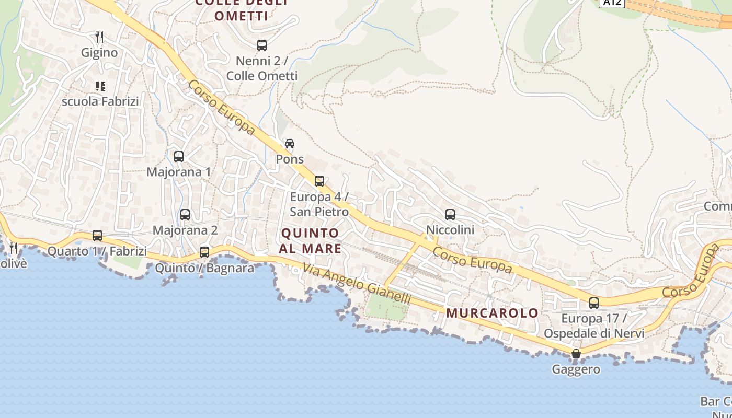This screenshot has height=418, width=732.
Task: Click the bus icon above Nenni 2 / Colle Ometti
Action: pyautogui.click(x=262, y=45)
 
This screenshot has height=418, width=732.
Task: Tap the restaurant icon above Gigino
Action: pyautogui.click(x=99, y=37)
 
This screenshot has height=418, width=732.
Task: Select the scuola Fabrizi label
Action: pyautogui.click(x=100, y=101)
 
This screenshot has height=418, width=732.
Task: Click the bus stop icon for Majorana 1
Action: pyautogui.click(x=179, y=156)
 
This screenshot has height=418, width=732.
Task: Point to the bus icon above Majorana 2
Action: pyautogui.click(x=185, y=214)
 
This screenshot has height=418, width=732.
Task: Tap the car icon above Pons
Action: pyautogui.click(x=290, y=144)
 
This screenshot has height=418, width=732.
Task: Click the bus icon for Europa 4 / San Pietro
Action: pyautogui.click(x=319, y=181)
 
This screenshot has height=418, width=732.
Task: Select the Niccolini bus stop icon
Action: pyautogui.click(x=450, y=214)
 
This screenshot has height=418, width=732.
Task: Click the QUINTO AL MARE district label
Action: pyautogui.click(x=310, y=240)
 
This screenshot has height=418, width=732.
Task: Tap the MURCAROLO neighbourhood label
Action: pyautogui.click(x=492, y=313)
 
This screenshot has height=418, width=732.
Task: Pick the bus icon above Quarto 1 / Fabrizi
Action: pyautogui.click(x=97, y=235)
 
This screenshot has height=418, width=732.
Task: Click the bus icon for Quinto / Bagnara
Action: pyautogui.click(x=204, y=252)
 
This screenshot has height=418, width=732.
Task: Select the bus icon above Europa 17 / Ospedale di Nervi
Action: pyautogui.click(x=594, y=303)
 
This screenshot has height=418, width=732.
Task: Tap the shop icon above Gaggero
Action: pyautogui.click(x=576, y=354)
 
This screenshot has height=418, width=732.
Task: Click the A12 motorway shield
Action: pyautogui.click(x=612, y=3)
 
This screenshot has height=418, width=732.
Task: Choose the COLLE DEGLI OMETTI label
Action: pyautogui.click(x=242, y=9)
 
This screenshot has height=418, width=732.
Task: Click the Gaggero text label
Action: pyautogui.click(x=576, y=369)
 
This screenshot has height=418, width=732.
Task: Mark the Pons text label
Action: pyautogui.click(x=290, y=159)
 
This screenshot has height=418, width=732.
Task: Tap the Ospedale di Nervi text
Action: pyautogui.click(x=594, y=333)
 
